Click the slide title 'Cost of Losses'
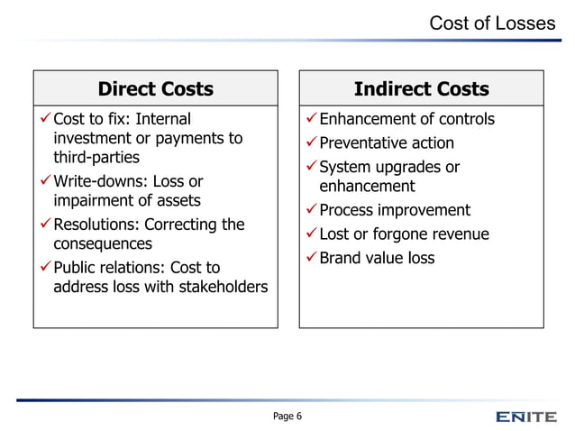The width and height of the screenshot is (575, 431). [491, 23]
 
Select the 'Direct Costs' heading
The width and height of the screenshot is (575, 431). [156, 88]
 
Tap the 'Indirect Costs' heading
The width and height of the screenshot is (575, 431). [421, 88]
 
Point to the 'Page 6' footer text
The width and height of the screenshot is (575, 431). [287, 416]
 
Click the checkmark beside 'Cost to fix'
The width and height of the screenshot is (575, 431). [44, 119]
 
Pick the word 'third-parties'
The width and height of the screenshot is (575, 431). [96, 158]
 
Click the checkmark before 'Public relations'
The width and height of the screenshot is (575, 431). [44, 267]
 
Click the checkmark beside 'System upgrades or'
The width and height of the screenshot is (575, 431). [311, 168]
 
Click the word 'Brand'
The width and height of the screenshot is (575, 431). [342, 258]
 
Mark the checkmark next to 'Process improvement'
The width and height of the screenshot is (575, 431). [311, 210]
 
